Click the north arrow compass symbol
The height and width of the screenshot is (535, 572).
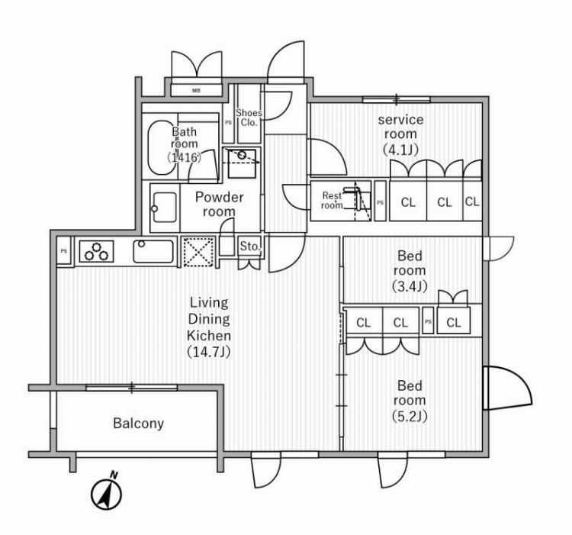(x=107, y=494)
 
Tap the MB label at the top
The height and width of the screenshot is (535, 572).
(x=196, y=91)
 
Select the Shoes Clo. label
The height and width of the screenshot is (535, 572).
(x=249, y=118)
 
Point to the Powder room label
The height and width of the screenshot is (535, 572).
(x=219, y=204)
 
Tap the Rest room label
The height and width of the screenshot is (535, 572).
(x=331, y=200)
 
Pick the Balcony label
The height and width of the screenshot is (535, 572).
(x=138, y=423)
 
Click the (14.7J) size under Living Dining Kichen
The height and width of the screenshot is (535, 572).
(x=209, y=352)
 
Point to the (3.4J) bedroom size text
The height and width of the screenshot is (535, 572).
(x=410, y=286)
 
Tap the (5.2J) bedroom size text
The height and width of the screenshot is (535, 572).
(x=410, y=416)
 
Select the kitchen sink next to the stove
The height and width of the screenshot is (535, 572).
(x=153, y=251)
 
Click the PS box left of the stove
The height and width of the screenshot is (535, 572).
(x=64, y=251)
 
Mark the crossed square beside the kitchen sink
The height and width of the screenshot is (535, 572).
(x=198, y=251)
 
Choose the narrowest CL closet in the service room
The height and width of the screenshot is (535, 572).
(x=472, y=202)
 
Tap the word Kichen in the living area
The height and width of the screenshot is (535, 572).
(x=209, y=335)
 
